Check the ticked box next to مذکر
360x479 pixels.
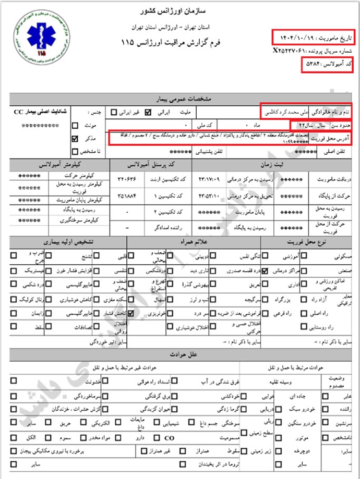click(75, 139)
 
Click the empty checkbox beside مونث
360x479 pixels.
click(75, 125)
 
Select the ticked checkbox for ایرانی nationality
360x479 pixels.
click(148, 112)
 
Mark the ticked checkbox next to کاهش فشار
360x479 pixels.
click(130, 314)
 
